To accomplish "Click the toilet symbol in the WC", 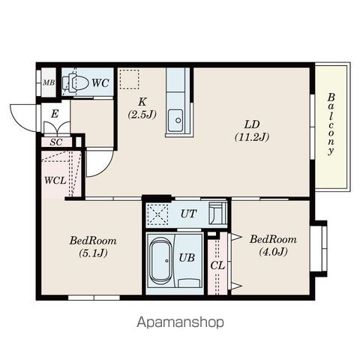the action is pyautogui.click(x=75, y=82).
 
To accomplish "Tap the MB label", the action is pyautogui.click(x=49, y=82).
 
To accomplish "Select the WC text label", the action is pyautogui.click(x=100, y=83).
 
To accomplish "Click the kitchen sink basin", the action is pyautogui.click(x=175, y=121).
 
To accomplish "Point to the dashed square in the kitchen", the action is pyautogui.click(x=129, y=79).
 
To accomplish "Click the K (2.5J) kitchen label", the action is pyautogui.click(x=142, y=108).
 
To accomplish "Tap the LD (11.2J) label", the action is pyautogui.click(x=252, y=130).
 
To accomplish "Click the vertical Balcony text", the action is pyautogui.click(x=331, y=124).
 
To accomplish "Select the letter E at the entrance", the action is pyautogui.click(x=55, y=114).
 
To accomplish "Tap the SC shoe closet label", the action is pyautogui.click(x=56, y=142).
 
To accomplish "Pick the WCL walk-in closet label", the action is pyautogui.click(x=55, y=180).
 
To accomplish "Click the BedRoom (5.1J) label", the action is pyautogui.click(x=93, y=247).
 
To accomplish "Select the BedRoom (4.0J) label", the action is pyautogui.click(x=273, y=245).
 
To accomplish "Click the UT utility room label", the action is pyautogui.click(x=189, y=214).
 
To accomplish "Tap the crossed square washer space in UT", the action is pyautogui.click(x=157, y=214).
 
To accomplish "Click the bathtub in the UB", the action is pyautogui.click(x=161, y=261).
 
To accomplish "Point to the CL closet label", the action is pyautogui.click(x=217, y=265).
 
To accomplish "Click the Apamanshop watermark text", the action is pyautogui.click(x=180, y=322).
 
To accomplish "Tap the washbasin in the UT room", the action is pyautogui.click(x=217, y=213).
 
